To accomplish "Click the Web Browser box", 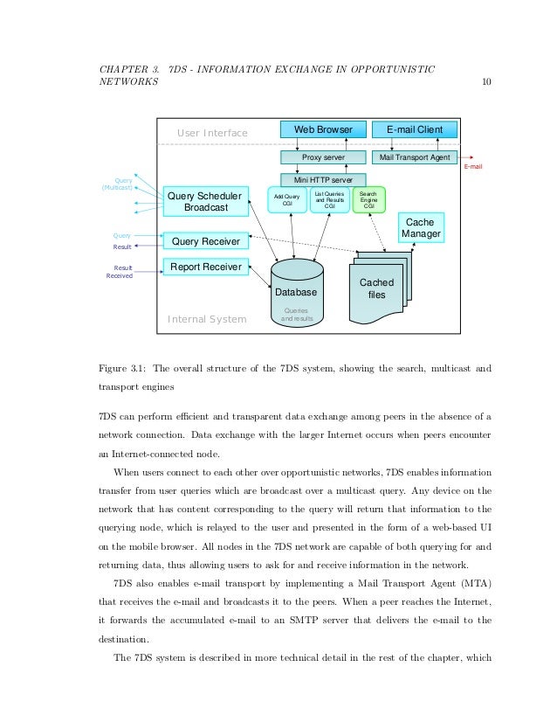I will pos(323,129).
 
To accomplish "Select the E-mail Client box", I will pos(415,129).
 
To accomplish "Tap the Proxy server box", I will pos(323,157).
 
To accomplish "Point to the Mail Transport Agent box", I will pos(415,157).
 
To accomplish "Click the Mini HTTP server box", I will pos(323,179).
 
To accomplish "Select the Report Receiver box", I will pos(206,267).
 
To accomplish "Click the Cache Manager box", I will pos(421,228).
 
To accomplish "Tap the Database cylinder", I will pos(297,292).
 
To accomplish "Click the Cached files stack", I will pos(377,288).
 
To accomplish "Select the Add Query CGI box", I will pos(286,200).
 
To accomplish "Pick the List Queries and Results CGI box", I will pos(330,199).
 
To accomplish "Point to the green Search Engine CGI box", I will pos(368,199).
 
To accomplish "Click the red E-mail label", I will pos(472,165).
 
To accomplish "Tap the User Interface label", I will pos(212,133).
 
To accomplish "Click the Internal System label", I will pos(207,319).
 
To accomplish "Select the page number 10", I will pos(486,82).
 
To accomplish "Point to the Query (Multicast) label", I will pos(118,184).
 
